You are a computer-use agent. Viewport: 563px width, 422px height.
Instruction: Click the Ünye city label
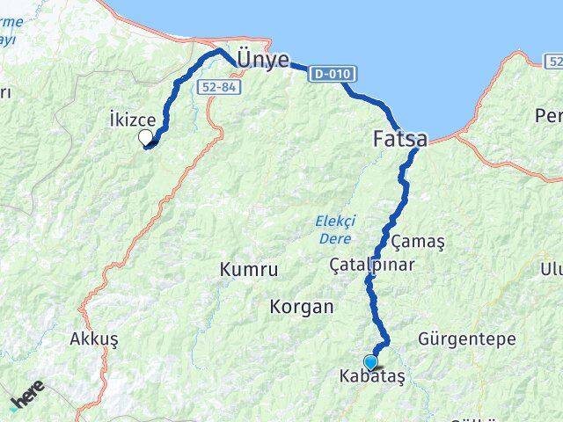click(263, 58)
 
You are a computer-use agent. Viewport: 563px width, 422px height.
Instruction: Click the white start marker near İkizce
click(146, 136)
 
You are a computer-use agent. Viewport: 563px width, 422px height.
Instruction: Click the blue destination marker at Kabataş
click(370, 361)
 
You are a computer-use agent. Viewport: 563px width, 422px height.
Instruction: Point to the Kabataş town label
click(371, 376)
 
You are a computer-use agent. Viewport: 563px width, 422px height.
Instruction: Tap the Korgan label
click(303, 307)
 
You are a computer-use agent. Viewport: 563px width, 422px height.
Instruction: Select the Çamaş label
click(418, 241)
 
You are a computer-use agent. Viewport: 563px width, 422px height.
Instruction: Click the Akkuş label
click(93, 338)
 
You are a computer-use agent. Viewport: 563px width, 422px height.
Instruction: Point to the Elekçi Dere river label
click(333, 230)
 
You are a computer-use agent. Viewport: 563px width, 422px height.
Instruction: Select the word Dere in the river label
click(335, 238)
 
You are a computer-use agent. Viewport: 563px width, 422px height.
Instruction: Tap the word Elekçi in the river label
click(333, 222)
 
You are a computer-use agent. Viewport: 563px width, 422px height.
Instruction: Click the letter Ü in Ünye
click(245, 58)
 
